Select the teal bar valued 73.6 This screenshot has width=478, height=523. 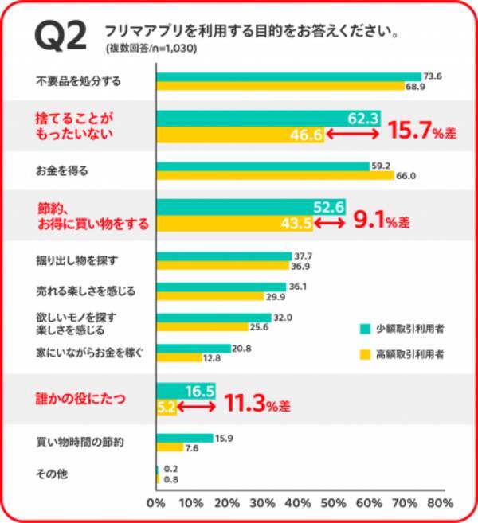click(x=288, y=76)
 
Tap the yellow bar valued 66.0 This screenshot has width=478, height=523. click(x=275, y=175)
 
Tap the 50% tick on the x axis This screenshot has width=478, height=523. click(x=333, y=504)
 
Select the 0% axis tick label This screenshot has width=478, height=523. click(x=156, y=504)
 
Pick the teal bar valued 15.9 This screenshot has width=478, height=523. click(x=185, y=437)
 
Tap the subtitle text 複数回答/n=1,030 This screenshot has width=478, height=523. click(x=151, y=49)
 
